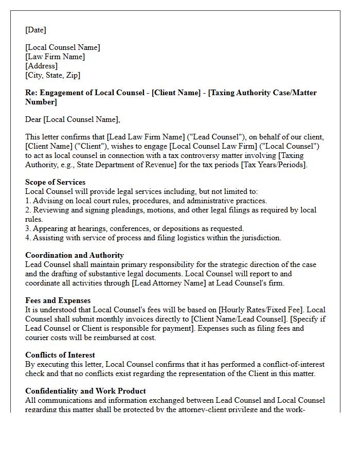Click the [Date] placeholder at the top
[x=35, y=30]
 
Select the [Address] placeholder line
[x=41, y=66]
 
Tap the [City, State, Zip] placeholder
[x=52, y=75]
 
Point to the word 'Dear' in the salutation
[x=33, y=119]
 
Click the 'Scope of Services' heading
[x=55, y=182]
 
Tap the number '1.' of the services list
[x=28, y=201]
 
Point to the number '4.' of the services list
[x=28, y=238]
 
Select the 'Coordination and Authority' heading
[x=75, y=255]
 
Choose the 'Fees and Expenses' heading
[x=58, y=300]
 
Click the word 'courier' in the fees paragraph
[x=39, y=337]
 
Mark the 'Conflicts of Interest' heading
[x=60, y=355]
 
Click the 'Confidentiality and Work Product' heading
[x=85, y=391]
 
